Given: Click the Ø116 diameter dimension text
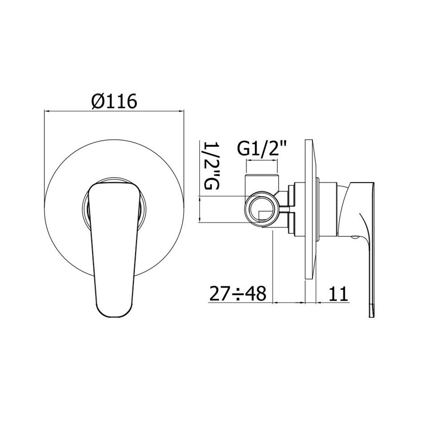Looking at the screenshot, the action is click(114, 101).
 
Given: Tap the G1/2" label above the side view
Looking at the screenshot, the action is click(262, 149).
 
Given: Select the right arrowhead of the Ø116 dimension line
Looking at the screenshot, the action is click(181, 111).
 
